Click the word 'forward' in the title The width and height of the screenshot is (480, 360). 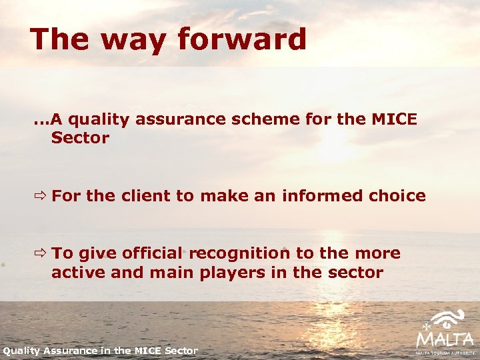(242, 39)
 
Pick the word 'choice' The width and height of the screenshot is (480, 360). (397, 196)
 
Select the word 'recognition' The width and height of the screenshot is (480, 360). (239, 254)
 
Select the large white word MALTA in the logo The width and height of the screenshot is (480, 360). (445, 339)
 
